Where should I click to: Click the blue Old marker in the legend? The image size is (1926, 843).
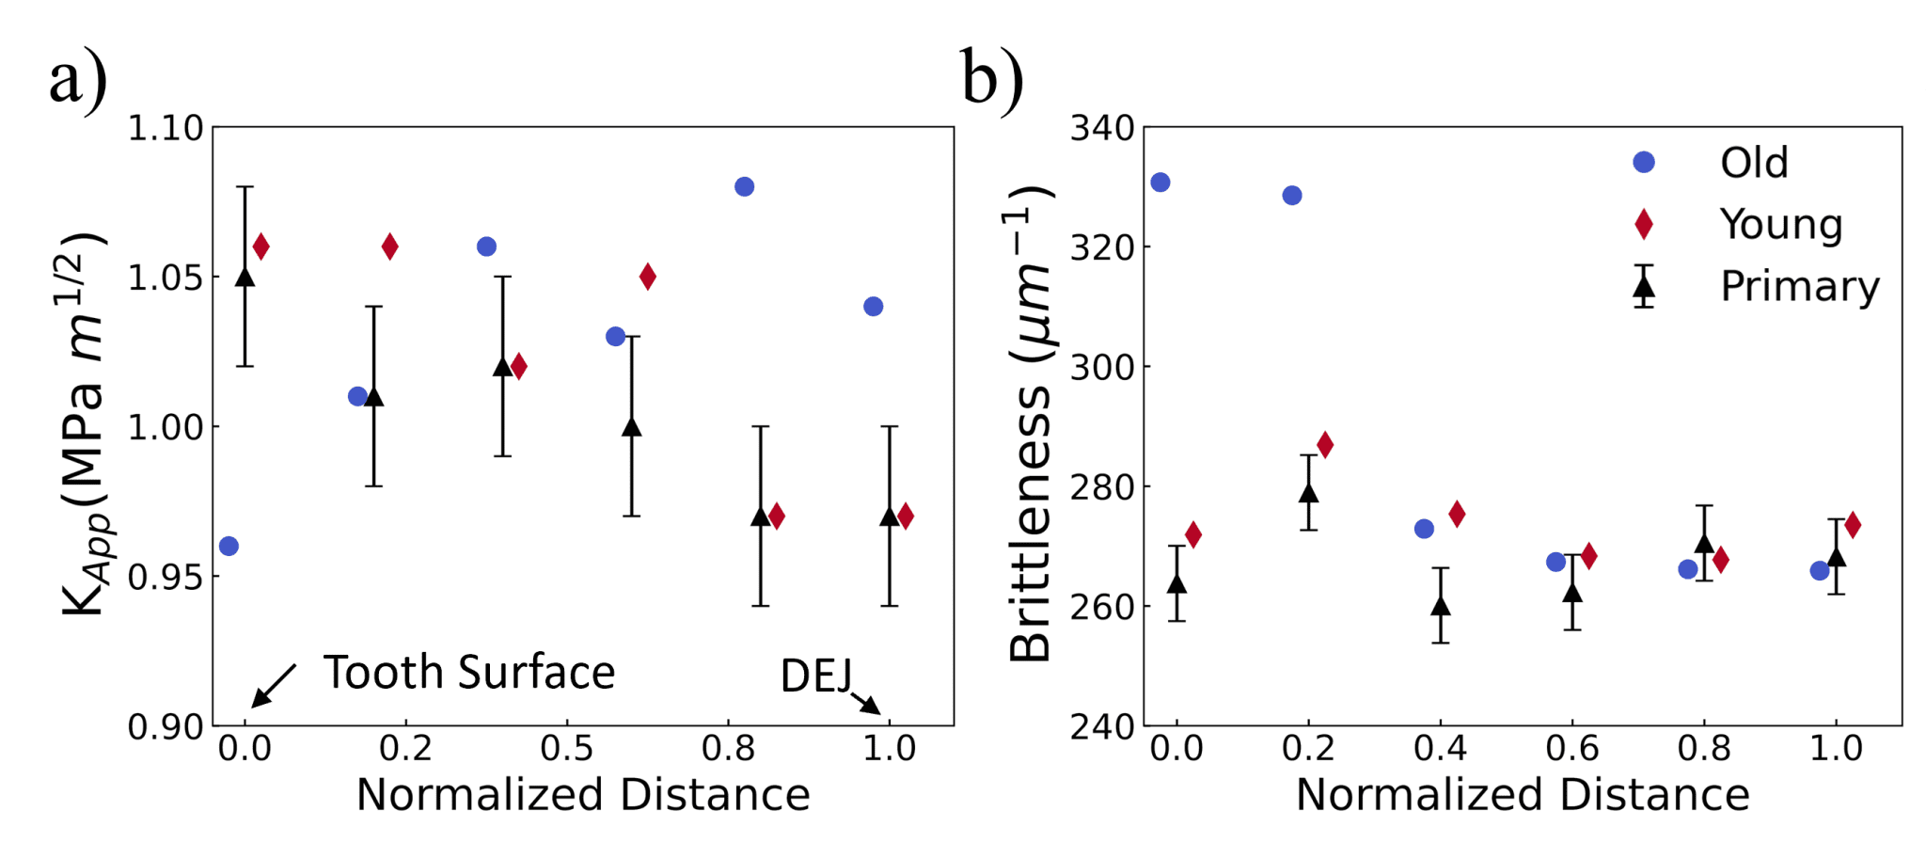[1643, 162]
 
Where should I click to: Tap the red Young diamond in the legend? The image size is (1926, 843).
[1643, 224]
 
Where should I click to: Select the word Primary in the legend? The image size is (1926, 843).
[1799, 286]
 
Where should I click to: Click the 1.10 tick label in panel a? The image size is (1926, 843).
[166, 128]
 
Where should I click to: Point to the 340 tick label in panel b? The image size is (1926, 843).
[1101, 128]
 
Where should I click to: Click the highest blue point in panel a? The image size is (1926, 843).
[744, 186]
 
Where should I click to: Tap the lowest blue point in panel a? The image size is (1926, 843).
[229, 546]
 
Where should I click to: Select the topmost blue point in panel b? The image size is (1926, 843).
[1160, 183]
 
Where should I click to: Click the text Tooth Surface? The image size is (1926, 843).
[469, 673]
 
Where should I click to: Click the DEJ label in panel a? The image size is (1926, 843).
[815, 676]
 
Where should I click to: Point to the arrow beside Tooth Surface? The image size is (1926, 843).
[274, 685]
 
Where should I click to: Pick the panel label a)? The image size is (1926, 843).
[78, 79]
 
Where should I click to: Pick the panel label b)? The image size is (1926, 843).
[991, 79]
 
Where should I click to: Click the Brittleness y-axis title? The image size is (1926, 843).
[1031, 423]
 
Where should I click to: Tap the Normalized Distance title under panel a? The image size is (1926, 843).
[583, 795]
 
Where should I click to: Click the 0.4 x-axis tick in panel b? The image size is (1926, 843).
[1440, 749]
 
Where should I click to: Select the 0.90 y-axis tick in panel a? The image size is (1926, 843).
[166, 727]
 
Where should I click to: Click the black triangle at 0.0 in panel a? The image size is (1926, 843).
[245, 277]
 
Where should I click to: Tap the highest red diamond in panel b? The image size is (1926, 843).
[1325, 445]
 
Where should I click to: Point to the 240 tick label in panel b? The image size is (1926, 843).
[1101, 727]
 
